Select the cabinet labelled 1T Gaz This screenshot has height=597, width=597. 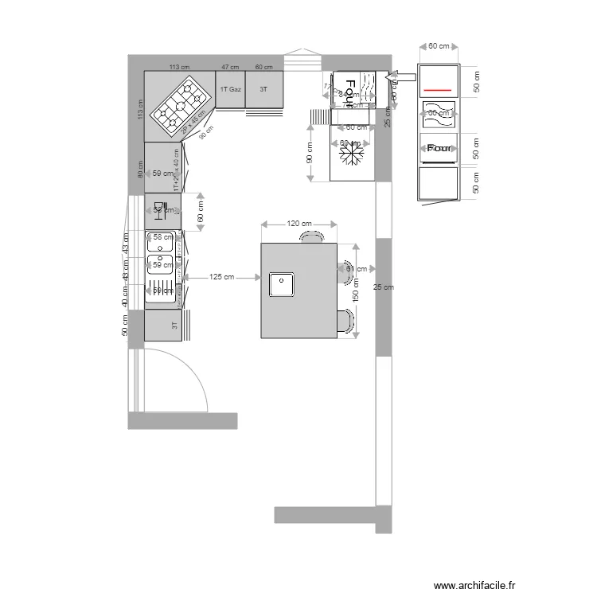pos(230,90)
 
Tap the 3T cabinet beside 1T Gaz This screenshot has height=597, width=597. pos(263,90)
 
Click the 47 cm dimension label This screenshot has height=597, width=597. pos(230,67)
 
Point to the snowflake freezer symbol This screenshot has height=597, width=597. pos(351,155)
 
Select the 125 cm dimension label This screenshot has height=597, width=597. pos(222,277)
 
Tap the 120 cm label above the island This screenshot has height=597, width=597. pos(299,224)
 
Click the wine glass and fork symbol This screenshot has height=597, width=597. pos(158,210)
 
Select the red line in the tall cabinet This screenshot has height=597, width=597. pos(439,90)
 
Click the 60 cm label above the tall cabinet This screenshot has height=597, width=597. pos(439,46)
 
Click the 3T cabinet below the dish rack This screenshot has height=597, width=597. pos(164,326)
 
